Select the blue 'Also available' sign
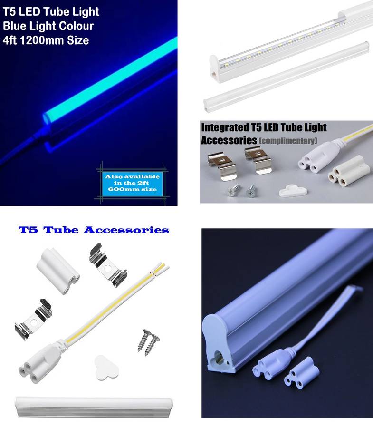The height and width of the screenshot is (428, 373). pyautogui.click(x=133, y=183)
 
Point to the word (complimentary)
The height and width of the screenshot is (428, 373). pyautogui.click(x=288, y=141)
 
